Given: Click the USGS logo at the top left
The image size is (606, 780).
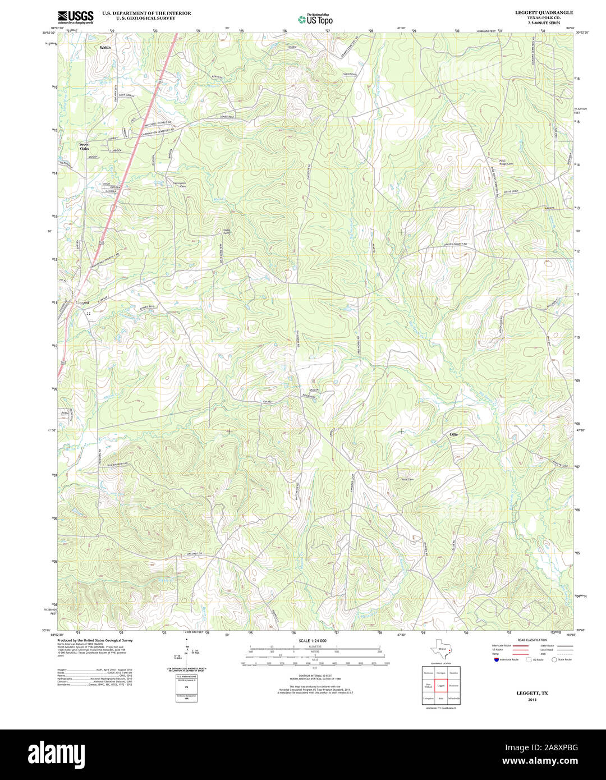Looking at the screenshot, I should [x=76, y=16].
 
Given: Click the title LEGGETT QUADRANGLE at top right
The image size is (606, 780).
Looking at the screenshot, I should [x=544, y=12].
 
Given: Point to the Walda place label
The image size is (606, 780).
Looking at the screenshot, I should [x=105, y=48].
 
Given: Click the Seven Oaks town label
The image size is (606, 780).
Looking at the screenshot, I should [x=84, y=146].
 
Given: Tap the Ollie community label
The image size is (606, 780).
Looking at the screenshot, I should [x=453, y=434].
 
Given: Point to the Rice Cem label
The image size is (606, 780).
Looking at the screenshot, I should [x=407, y=479].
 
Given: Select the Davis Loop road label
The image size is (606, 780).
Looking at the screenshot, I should [x=511, y=191].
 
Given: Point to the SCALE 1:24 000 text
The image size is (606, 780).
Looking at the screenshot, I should [x=313, y=640].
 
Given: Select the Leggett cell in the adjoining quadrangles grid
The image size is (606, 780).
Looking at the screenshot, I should [x=441, y=686].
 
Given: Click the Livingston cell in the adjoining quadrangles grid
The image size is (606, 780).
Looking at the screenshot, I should [x=428, y=699].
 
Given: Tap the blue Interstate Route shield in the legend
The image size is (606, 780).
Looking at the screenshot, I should [x=497, y=660].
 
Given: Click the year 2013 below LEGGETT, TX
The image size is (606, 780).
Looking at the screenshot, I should [x=532, y=700].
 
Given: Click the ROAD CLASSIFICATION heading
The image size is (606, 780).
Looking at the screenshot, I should [x=532, y=640].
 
